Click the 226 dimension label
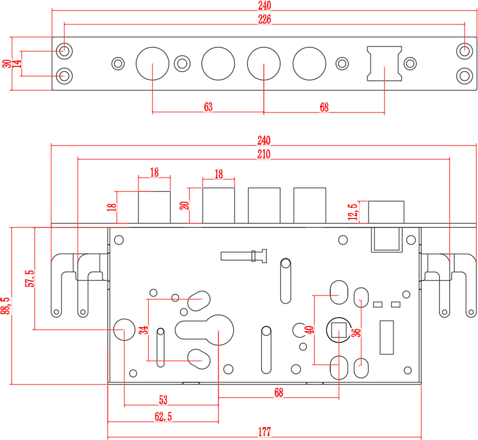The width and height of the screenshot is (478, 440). point(264,19)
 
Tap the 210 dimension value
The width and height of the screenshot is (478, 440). point(264,154)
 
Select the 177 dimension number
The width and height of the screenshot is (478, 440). point(264,432)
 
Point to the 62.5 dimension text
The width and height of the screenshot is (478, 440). point(163,417)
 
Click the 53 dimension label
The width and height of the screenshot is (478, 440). point(163,400)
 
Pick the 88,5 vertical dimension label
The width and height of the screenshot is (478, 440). point(6,306)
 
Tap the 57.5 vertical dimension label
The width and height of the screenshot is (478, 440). point(29,278)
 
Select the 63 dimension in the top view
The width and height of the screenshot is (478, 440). point(208,107)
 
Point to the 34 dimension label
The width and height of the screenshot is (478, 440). point(143,330)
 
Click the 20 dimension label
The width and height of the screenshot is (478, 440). point(184,205)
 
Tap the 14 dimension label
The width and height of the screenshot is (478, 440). point(17,63)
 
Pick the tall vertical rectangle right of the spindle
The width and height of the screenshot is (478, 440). point(386,337)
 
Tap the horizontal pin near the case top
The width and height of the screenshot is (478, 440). point(244,256)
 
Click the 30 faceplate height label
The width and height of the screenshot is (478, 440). point(7,63)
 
